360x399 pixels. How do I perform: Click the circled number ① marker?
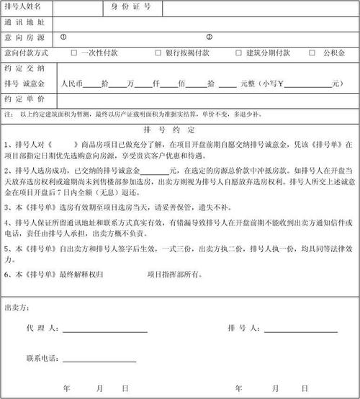tap(63, 37)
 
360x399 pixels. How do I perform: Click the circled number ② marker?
tap(210, 37)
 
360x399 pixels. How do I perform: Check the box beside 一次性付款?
tap(74, 53)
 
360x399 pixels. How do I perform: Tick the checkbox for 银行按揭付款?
tap(158, 53)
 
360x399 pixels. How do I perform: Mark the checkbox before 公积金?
tap(312, 53)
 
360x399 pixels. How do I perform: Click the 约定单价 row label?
tap(24, 99)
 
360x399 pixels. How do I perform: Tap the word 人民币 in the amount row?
tap(74, 84)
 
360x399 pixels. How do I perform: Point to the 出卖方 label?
tap(17, 308)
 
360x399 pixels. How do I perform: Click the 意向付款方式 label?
tap(27, 53)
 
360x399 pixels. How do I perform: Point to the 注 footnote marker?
tap(7, 114)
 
